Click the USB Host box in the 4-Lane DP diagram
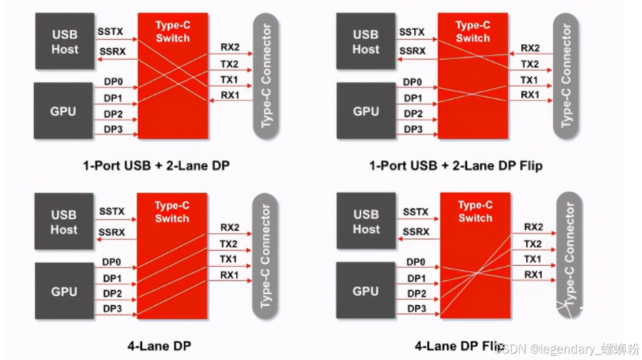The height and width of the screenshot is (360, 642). coord(63,221)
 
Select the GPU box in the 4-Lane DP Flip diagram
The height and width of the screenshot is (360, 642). coord(366,291)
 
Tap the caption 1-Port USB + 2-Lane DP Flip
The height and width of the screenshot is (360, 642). coord(456,166)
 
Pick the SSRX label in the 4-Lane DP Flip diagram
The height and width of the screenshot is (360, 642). coord(414,232)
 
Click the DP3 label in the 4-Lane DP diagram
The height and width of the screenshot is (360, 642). coord(113,308)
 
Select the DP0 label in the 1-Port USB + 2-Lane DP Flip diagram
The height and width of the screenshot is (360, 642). coord(414,83)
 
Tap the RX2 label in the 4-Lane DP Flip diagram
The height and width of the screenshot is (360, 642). coord(534,227)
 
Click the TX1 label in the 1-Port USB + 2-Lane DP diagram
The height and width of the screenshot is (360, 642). coord(229,79)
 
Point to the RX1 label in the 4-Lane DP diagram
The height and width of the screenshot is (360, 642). coord(229,274)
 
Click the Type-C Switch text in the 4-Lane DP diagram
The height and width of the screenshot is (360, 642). coord(172,212)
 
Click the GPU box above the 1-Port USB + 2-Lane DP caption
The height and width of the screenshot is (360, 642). coord(63,111)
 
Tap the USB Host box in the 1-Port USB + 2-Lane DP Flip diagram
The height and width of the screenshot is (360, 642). coord(366,41)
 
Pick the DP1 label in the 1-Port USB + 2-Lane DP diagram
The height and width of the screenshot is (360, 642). coord(113,98)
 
